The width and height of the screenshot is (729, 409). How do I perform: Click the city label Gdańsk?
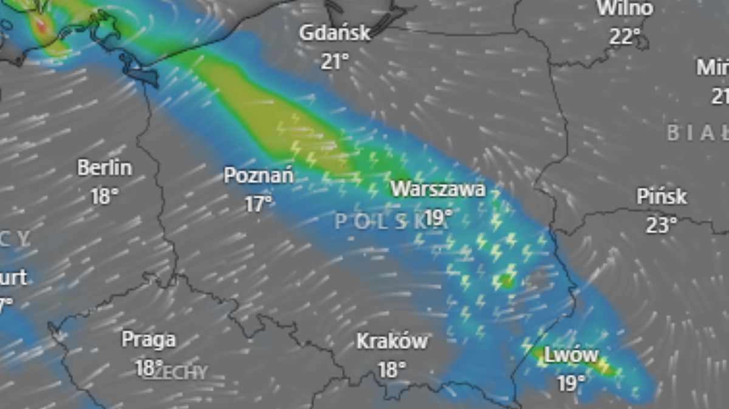pos(334,33)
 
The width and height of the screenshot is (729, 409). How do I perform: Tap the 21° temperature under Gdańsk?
pos(335,61)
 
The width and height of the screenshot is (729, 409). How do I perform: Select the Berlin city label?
pos(104,168)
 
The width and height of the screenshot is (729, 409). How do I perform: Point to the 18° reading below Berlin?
pos(104,196)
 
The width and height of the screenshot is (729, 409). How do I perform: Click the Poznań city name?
pos(259,176)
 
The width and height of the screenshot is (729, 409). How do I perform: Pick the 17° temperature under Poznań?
pos(259,204)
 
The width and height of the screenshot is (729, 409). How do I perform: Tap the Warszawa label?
pos(438,189)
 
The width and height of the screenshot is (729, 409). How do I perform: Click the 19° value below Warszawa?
pos(439,217)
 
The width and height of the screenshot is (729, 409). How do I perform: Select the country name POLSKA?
pos(389,222)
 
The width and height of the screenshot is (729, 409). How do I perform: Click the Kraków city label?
pos(392,341)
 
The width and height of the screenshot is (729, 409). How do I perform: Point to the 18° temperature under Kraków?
pos(392,369)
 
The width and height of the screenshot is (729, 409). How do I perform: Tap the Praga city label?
pos(149,339)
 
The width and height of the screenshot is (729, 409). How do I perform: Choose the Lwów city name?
pos(571,355)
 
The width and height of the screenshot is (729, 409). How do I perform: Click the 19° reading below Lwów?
pos(571,382)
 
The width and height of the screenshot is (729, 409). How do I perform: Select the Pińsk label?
pos(662,197)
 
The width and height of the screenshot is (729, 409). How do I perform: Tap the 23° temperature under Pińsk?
pos(662,225)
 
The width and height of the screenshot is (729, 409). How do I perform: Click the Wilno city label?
pos(625,8)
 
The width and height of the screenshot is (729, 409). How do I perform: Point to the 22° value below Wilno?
pos(625,36)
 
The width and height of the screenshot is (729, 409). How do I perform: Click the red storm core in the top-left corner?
pos(41,25)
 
